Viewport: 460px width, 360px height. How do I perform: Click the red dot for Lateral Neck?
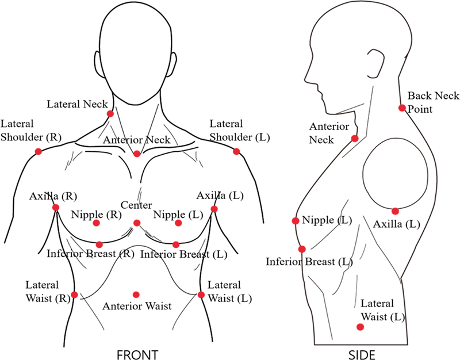point(110,114)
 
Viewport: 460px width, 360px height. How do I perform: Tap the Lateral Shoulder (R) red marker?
point(39,151)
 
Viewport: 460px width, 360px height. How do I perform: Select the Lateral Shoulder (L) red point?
point(236,151)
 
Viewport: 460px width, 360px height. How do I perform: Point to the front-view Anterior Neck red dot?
point(137,154)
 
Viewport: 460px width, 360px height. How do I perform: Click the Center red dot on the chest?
point(137,223)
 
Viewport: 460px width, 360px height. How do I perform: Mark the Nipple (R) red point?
point(96,223)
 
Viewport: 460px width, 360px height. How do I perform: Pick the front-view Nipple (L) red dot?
point(178,223)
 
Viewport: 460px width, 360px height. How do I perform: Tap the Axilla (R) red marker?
point(56,208)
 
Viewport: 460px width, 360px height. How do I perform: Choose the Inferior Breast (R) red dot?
point(99,244)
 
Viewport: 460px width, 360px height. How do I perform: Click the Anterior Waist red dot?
point(136,294)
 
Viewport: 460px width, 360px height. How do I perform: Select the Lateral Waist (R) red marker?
point(74,294)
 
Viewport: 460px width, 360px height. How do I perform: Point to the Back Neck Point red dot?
point(402,108)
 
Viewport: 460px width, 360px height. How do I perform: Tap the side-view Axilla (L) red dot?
point(396,210)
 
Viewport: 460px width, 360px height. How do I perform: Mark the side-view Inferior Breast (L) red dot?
point(302,249)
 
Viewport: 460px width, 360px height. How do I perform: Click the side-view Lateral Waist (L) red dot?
point(360,327)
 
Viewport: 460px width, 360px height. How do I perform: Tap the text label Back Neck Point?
point(425,102)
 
